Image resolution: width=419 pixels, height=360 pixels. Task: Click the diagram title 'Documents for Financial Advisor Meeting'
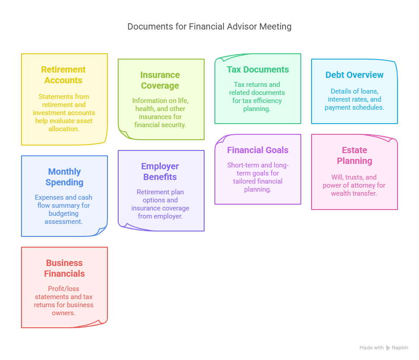209,26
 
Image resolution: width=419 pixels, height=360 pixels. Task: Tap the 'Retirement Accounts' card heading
63,75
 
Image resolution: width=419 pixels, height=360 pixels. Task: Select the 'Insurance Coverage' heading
160,80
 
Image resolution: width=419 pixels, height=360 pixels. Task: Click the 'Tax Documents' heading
257,69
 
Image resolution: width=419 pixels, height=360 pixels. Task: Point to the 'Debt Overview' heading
354,75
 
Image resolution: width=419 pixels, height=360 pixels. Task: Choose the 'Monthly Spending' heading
64,177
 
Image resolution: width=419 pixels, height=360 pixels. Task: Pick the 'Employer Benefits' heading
160,171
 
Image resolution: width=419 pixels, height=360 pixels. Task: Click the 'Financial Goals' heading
257,150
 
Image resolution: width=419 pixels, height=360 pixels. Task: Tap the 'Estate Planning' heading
354,155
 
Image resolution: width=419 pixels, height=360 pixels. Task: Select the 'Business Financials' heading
64,268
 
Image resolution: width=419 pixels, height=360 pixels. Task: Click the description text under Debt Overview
354,99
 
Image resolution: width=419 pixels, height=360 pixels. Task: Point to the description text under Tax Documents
257,96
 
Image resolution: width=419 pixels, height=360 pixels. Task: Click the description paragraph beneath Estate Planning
354,185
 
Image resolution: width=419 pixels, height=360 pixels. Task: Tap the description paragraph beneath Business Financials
64,301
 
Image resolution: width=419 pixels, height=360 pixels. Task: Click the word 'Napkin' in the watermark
400,348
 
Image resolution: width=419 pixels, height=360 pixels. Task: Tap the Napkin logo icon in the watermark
388,348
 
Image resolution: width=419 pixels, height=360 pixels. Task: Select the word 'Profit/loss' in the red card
64,289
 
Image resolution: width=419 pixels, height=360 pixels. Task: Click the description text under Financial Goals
257,177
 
